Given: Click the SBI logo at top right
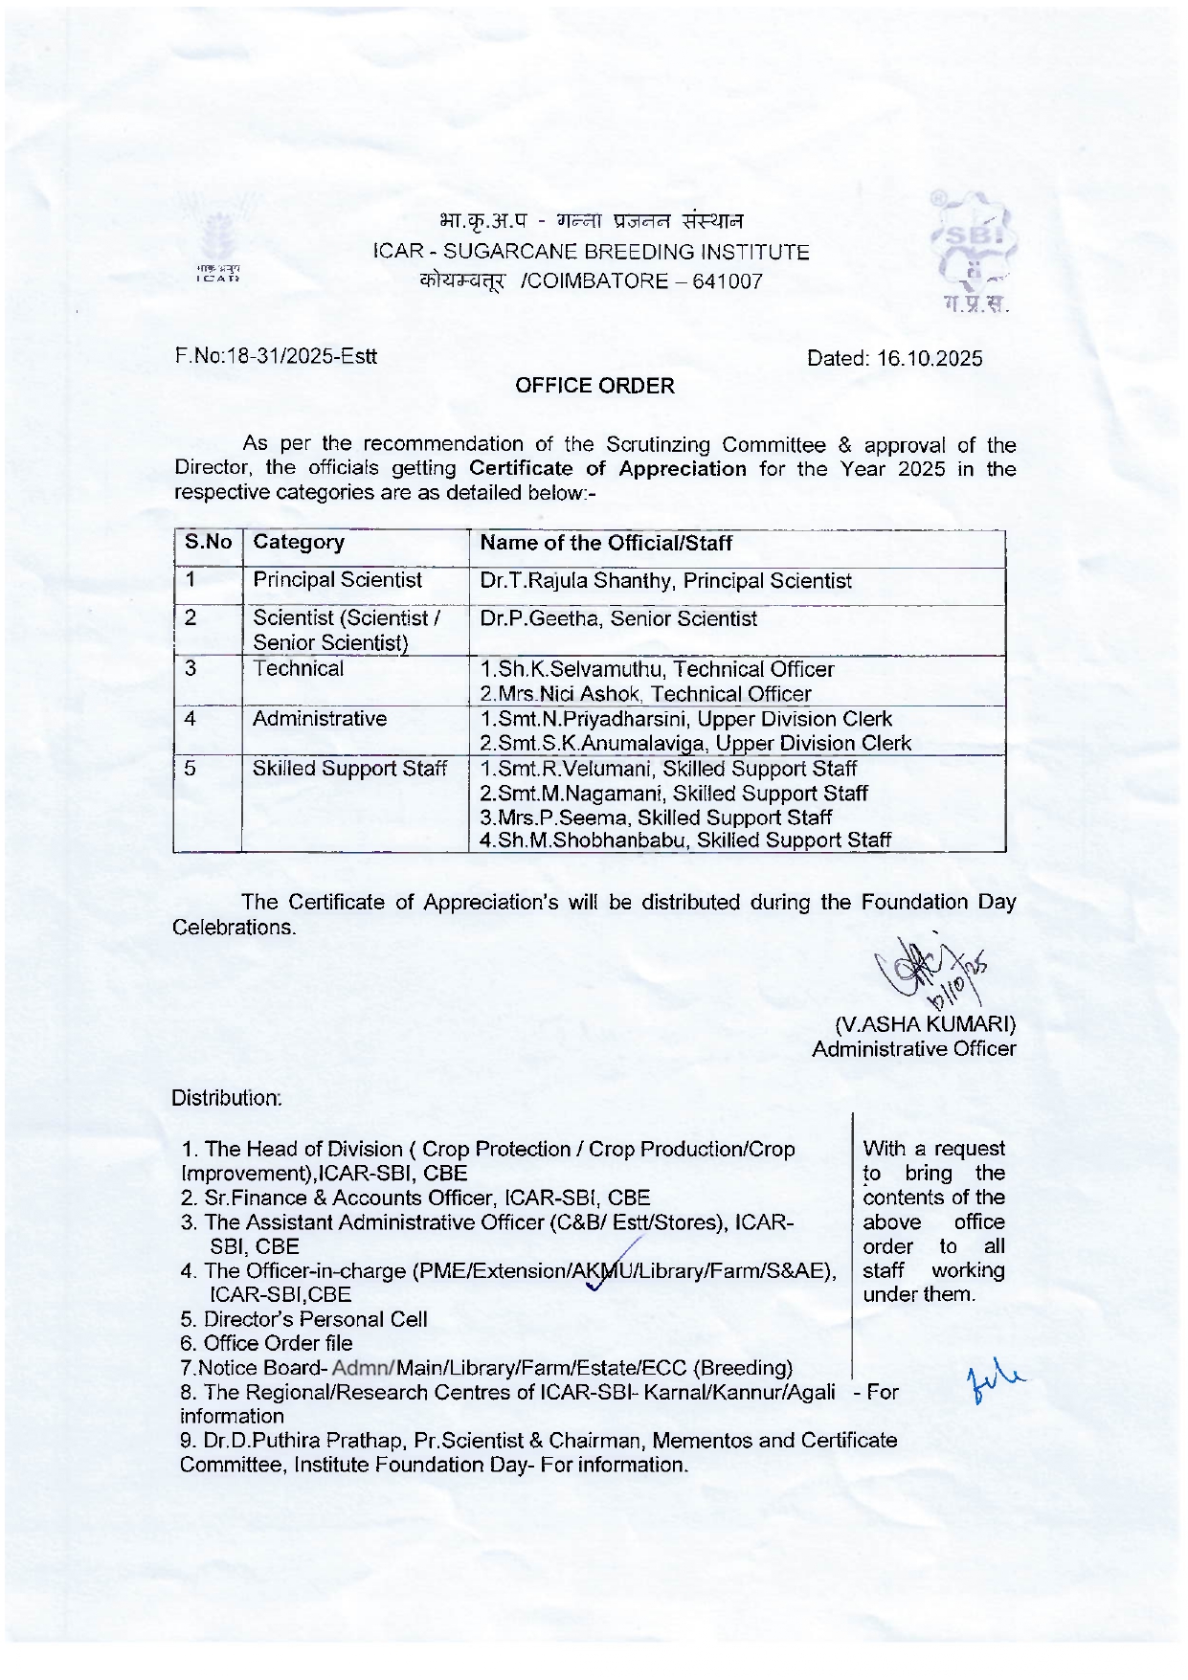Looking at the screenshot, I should tap(972, 251).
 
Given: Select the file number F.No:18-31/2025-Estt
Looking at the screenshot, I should tap(276, 357).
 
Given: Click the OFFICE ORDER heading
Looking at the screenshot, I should tap(594, 386).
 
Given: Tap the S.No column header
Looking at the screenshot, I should tap(208, 543).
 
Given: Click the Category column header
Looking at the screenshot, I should tap(299, 543).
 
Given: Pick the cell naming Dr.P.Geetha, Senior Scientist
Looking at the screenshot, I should tap(618, 619).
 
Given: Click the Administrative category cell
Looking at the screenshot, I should tap(320, 719).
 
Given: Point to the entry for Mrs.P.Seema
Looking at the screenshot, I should tap(656, 818).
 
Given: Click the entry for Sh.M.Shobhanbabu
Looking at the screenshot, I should tap(685, 840).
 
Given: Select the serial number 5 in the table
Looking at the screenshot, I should tap(191, 769).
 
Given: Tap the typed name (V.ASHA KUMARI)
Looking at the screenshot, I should tap(925, 1023).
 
